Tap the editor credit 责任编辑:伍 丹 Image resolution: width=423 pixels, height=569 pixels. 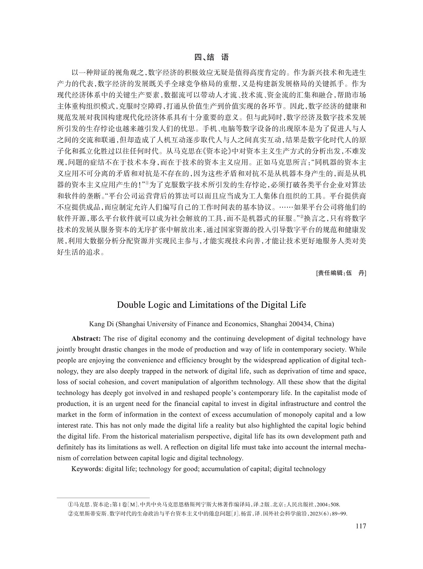pos(341,273)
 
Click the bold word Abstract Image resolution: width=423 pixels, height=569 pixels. pos(86,339)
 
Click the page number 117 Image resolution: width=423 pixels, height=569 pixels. pos(360,526)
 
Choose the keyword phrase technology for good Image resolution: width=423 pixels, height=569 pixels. pos(164,469)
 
